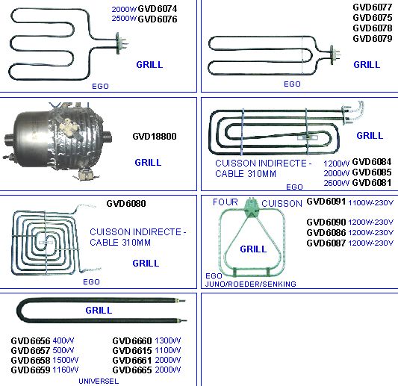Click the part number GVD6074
click(x=157, y=9)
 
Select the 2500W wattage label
click(x=124, y=19)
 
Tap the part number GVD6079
click(x=373, y=38)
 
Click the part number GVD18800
click(x=155, y=137)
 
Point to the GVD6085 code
click(x=372, y=172)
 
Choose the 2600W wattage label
click(x=336, y=183)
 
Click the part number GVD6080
click(x=126, y=204)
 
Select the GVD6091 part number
click(x=326, y=202)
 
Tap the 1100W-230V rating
click(x=370, y=203)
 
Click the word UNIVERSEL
click(x=99, y=382)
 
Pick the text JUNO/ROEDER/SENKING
click(x=251, y=284)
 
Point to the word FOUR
click(x=226, y=202)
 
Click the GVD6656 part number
click(x=31, y=340)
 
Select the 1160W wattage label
click(x=66, y=370)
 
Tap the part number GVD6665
click(x=132, y=370)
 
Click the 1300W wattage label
click(x=167, y=340)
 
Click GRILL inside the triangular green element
click(x=253, y=249)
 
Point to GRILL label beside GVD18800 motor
click(x=148, y=163)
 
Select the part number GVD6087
click(x=326, y=243)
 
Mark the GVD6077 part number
click(x=373, y=7)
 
